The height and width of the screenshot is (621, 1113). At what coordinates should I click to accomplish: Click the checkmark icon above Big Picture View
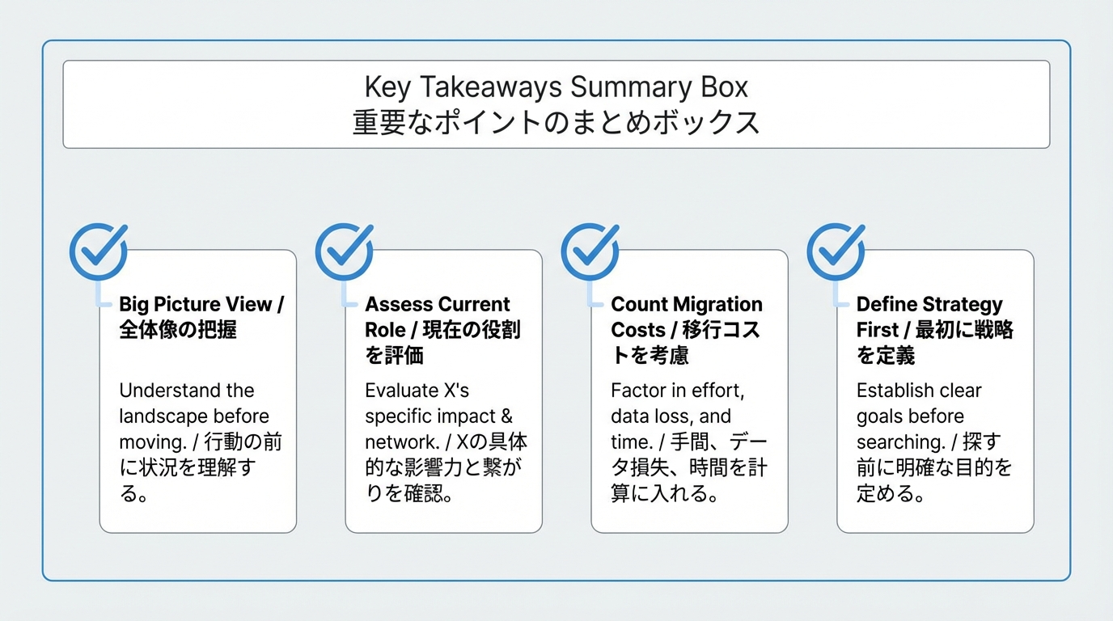pos(99,251)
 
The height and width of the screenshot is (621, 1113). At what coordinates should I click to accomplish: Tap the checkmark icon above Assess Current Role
pos(345,251)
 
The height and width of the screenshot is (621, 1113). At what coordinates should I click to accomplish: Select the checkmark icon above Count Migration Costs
pos(590,251)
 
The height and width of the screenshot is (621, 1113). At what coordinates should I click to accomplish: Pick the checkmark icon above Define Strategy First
pos(836,251)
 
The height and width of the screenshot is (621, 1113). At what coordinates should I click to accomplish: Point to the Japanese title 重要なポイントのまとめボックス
pos(556,122)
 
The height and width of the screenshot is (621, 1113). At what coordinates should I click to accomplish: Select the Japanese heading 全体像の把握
pos(178,330)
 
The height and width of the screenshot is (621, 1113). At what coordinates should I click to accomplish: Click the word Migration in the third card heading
pos(717,305)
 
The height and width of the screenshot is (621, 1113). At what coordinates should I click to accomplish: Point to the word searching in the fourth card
pos(899,442)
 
